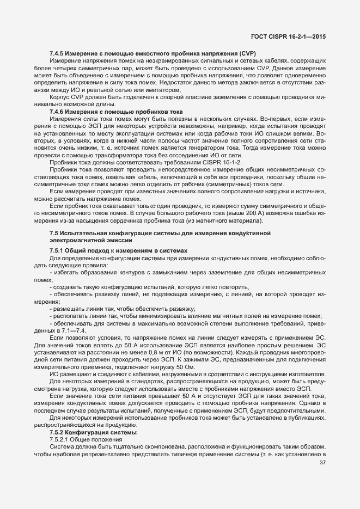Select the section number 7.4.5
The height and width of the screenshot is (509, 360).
[58, 53]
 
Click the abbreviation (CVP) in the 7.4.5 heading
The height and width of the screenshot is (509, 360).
[245, 53]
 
